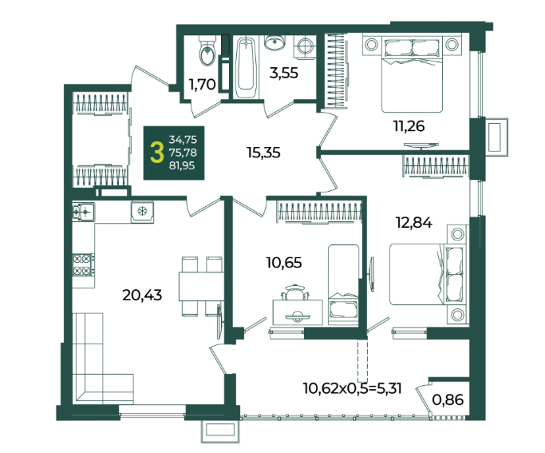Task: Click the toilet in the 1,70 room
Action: click(x=207, y=51)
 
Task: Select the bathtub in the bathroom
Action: click(x=246, y=67)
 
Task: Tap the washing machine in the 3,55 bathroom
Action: click(x=305, y=46)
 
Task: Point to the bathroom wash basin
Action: click(x=275, y=42)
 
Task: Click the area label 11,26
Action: click(x=409, y=126)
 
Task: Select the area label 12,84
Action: click(x=414, y=222)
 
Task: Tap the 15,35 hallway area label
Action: click(x=263, y=153)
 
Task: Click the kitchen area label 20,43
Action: click(x=142, y=295)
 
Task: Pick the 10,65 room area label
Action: click(x=284, y=262)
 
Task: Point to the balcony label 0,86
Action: click(x=448, y=399)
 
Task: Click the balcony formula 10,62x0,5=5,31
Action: click(x=353, y=388)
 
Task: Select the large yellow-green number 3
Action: click(x=157, y=153)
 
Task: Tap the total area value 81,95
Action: click(x=182, y=165)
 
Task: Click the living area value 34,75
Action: click(x=183, y=140)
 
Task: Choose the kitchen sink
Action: click(x=84, y=211)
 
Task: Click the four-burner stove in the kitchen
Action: click(x=83, y=264)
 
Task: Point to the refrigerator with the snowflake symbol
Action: click(x=142, y=212)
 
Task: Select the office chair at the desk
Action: click(x=295, y=292)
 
